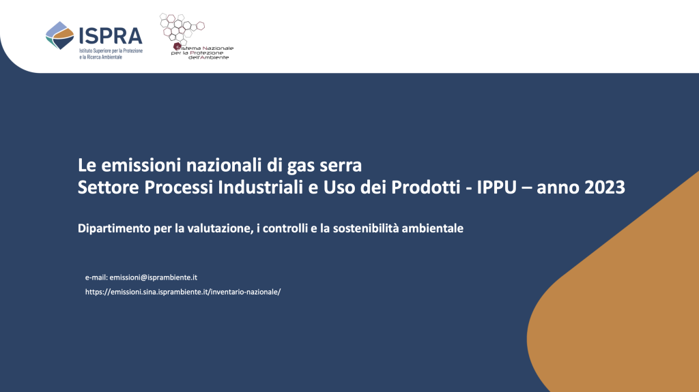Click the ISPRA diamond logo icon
60,35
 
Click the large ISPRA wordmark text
111,36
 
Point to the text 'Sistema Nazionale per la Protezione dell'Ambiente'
202,52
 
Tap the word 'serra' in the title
341,166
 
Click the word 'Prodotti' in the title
426,187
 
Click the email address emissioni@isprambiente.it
154,277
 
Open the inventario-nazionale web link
183,292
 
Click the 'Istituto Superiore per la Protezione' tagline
111,50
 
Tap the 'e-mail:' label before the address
96,277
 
